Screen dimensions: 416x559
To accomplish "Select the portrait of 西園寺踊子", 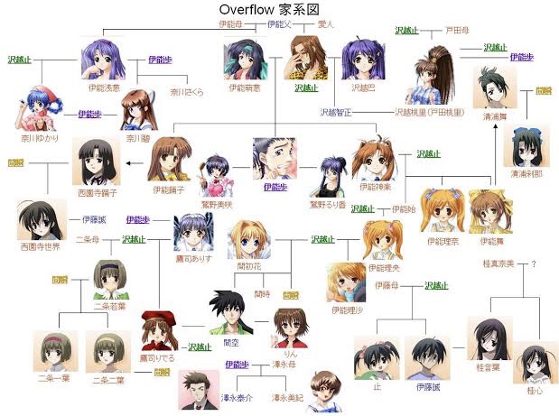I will [96, 162].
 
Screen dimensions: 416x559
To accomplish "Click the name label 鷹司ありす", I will [192, 257].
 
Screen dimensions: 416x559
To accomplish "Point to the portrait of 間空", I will [229, 312].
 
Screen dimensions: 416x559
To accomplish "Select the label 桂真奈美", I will [500, 263].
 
